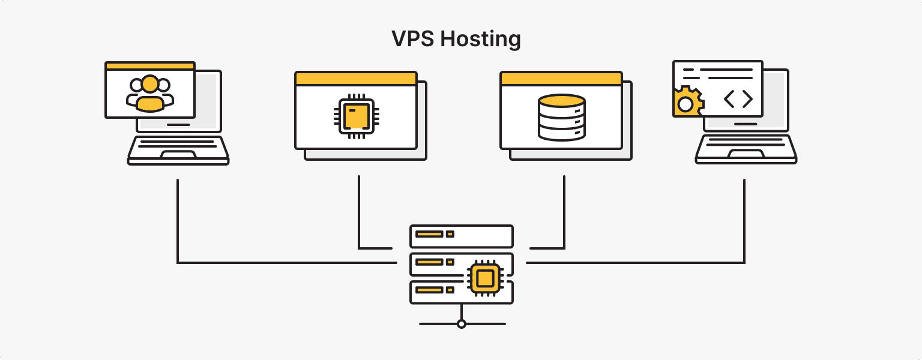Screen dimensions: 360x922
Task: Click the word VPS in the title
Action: click(x=412, y=39)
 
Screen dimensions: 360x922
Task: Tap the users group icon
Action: click(x=149, y=94)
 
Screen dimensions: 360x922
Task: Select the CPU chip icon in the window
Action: click(x=356, y=116)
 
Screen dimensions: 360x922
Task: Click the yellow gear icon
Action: click(x=685, y=103)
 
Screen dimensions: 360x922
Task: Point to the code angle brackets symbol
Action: click(x=738, y=99)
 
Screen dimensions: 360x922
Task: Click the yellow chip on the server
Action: click(x=485, y=278)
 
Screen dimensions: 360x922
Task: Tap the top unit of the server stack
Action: click(x=461, y=236)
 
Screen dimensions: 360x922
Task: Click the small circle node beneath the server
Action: click(x=461, y=324)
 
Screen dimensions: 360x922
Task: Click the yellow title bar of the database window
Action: click(x=561, y=79)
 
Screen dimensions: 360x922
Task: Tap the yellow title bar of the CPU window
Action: click(x=356, y=79)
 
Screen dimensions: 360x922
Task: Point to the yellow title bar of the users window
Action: click(x=149, y=66)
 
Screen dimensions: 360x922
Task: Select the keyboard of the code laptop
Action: click(x=746, y=148)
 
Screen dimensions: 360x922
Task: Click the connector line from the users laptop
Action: click(x=178, y=228)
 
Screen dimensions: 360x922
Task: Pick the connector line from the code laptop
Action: click(x=744, y=228)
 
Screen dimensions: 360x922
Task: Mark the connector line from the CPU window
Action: click(x=359, y=216)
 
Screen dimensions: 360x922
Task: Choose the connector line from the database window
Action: click(x=564, y=216)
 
